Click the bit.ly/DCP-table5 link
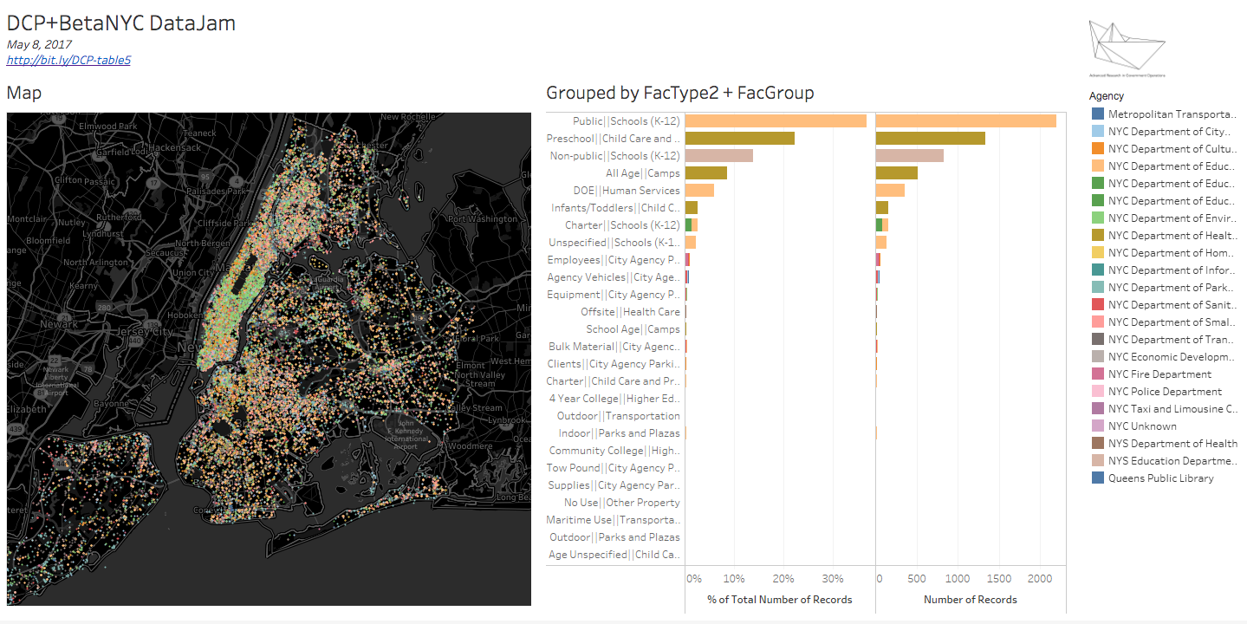tap(68, 60)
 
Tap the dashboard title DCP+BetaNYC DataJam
tap(120, 23)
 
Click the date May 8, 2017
tap(39, 44)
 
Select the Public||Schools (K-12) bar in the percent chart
tap(776, 121)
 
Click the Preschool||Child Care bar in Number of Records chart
tap(931, 139)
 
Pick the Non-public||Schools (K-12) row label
tap(615, 156)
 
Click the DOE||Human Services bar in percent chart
tap(699, 191)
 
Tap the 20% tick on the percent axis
tap(783, 578)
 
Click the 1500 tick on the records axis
tap(999, 578)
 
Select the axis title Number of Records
tap(971, 599)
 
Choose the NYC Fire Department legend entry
tap(1159, 374)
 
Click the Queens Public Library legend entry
tap(1160, 478)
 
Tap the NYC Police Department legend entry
tap(1165, 392)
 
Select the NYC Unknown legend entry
tap(1142, 426)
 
